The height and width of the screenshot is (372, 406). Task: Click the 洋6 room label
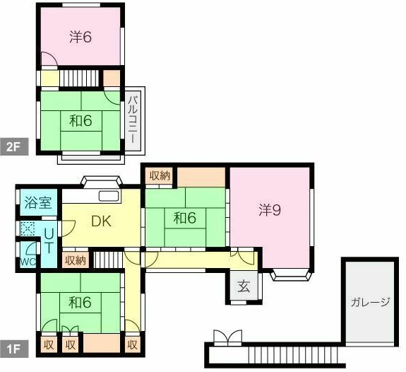click(x=80, y=37)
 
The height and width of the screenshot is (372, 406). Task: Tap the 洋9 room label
click(x=269, y=209)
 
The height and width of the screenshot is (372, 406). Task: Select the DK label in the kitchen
click(x=102, y=220)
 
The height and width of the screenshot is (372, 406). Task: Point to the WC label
click(x=28, y=261)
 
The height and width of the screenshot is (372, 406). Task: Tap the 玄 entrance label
click(x=243, y=287)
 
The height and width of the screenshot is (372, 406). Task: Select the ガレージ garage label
click(x=370, y=302)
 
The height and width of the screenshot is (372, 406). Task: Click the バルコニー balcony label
click(x=132, y=119)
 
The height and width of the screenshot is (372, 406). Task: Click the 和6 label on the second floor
click(x=80, y=121)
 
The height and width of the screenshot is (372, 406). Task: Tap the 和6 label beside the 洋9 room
click(x=184, y=218)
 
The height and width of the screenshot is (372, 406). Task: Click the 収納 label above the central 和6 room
click(x=160, y=175)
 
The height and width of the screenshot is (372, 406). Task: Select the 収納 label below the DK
click(x=76, y=260)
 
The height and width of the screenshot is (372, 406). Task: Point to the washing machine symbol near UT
click(x=27, y=228)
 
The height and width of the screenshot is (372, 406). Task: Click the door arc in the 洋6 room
click(x=47, y=61)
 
